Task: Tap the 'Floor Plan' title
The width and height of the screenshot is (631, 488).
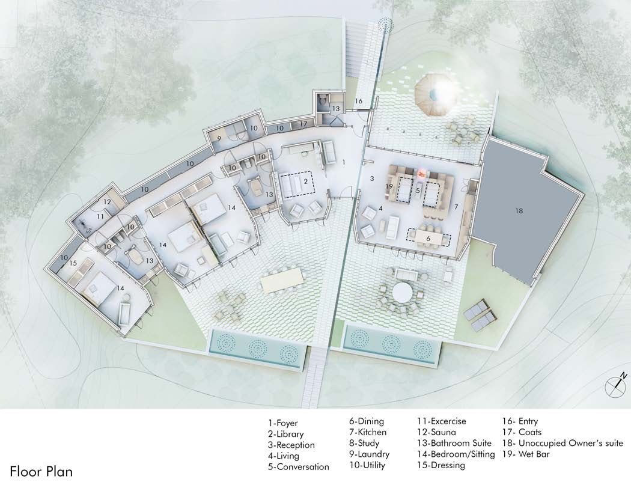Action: click(41, 471)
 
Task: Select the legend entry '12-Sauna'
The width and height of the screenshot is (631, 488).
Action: click(437, 432)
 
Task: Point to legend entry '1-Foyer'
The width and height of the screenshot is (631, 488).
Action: click(283, 423)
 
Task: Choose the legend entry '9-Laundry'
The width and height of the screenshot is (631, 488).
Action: click(369, 454)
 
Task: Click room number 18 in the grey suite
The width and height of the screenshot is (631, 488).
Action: click(519, 211)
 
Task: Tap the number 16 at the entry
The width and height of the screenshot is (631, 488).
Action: click(358, 101)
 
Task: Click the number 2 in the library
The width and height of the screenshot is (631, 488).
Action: click(306, 182)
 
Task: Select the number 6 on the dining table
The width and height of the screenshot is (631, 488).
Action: click(428, 239)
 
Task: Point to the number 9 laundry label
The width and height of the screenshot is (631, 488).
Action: click(219, 139)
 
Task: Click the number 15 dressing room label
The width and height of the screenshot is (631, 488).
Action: click(73, 263)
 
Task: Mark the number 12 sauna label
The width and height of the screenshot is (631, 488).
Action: click(107, 202)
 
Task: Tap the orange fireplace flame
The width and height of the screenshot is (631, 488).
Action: click(422, 174)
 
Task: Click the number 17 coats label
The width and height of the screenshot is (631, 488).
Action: click(303, 124)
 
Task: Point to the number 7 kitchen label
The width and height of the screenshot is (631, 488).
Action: click(456, 207)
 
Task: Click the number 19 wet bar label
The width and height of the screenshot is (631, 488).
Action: click(389, 186)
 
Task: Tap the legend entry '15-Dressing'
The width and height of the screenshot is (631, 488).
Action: click(441, 466)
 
